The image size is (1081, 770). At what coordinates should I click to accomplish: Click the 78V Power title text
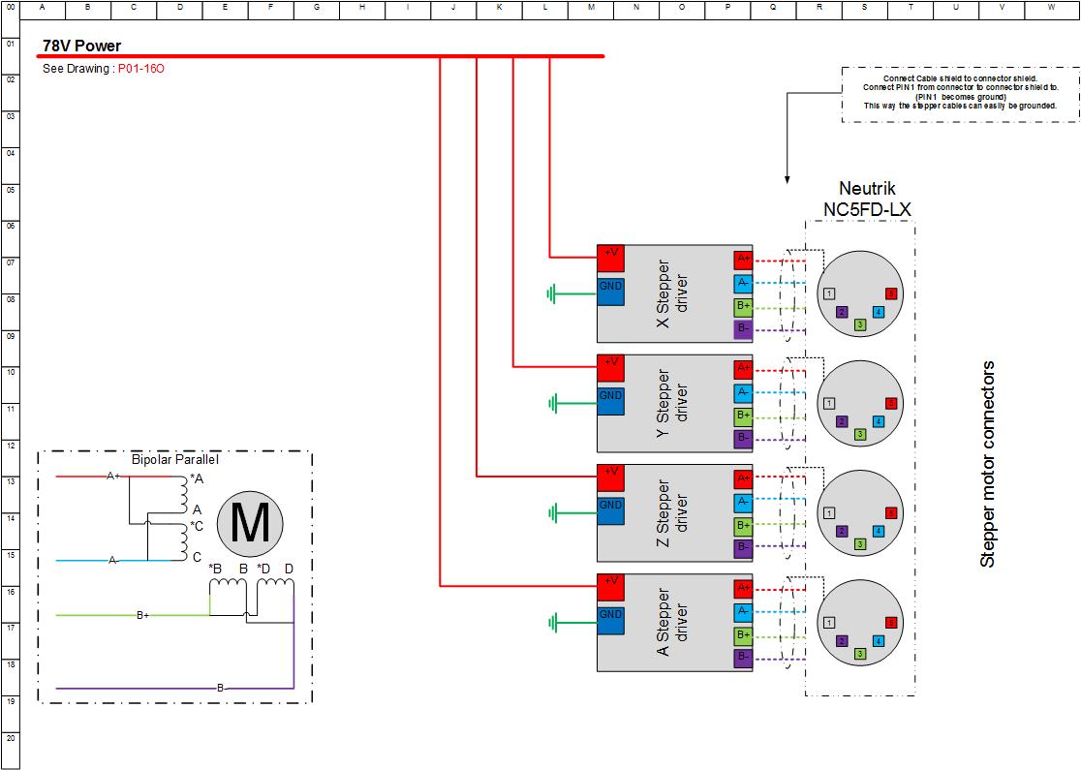(82, 46)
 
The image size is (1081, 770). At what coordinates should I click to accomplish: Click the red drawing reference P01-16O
(141, 69)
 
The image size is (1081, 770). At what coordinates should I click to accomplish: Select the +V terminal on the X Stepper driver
(611, 257)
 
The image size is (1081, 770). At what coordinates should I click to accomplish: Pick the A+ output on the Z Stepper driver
(743, 478)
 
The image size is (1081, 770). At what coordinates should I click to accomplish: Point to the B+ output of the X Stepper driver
(743, 307)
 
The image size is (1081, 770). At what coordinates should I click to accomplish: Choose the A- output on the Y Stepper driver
(743, 392)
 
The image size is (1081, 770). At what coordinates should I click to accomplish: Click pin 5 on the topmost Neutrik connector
(891, 293)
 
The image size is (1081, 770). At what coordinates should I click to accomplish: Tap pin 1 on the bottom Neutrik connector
(829, 623)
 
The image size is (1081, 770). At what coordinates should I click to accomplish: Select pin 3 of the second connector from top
(860, 435)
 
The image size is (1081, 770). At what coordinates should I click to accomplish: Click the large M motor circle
(250, 524)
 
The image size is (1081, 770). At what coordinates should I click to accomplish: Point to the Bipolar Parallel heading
(175, 460)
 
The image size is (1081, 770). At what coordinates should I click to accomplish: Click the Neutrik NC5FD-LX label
(860, 200)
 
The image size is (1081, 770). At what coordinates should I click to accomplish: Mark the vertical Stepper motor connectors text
(988, 464)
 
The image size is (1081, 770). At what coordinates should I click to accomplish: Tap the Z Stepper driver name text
(673, 513)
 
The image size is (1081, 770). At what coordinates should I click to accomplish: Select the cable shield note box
(961, 94)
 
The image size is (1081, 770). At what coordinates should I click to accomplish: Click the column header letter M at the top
(590, 8)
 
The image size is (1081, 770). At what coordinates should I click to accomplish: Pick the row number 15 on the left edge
(10, 555)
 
